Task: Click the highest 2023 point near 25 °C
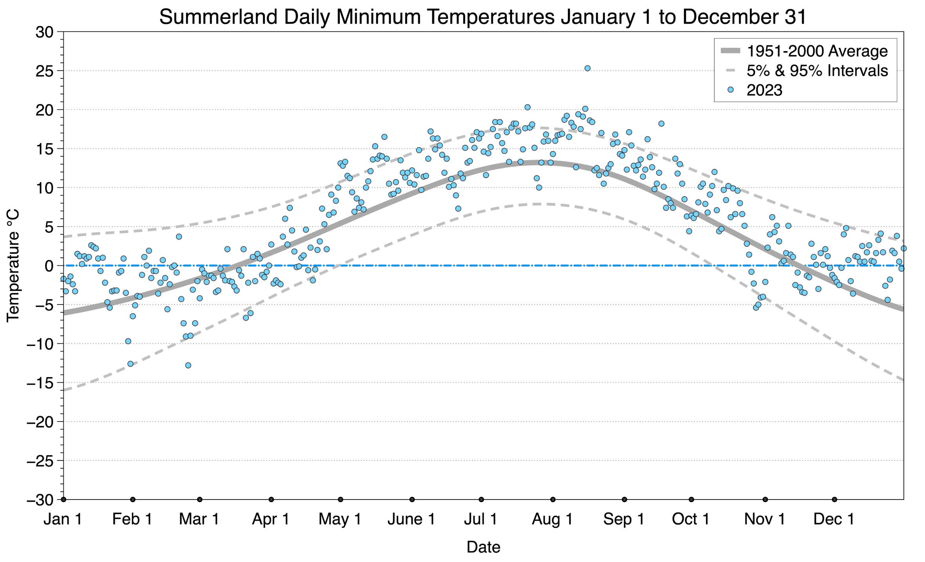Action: (587, 68)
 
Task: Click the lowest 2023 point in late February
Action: (188, 365)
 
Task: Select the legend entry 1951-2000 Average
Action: (817, 51)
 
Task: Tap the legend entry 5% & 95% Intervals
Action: (817, 71)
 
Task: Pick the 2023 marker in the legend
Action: (730, 90)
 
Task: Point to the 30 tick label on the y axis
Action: (44, 32)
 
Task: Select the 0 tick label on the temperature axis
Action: (49, 266)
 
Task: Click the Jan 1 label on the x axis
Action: (63, 519)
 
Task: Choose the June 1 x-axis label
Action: (412, 519)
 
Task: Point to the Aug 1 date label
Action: (552, 519)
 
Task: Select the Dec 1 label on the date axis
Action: (834, 519)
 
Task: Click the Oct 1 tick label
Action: (691, 519)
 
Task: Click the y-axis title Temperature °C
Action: (13, 266)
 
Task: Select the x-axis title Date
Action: (483, 547)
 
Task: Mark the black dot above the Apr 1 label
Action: (271, 500)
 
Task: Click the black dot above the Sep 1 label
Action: (624, 500)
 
